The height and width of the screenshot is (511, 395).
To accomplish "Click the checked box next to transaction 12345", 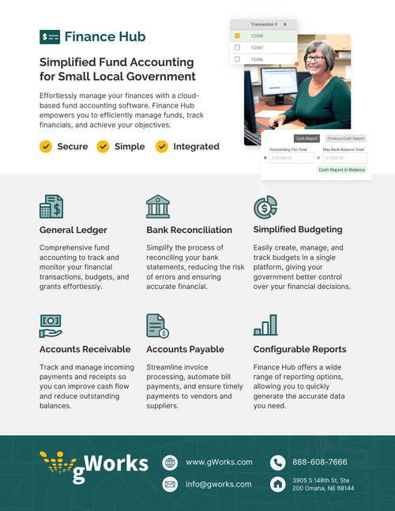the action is [237, 36].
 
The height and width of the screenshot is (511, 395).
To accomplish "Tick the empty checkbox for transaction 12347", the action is [237, 47].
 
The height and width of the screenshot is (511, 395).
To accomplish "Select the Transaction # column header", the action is [263, 24].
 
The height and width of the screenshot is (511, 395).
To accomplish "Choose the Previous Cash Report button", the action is [345, 137].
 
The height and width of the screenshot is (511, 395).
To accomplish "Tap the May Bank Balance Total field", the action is [344, 158].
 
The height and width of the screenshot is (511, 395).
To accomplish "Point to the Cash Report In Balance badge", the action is [341, 170].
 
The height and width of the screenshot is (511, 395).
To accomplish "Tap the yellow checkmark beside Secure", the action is [46, 146].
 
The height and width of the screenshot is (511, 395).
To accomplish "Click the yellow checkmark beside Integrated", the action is [162, 146].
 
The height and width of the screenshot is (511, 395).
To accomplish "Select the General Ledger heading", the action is [73, 230].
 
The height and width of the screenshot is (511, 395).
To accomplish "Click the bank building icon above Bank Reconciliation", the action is [158, 206].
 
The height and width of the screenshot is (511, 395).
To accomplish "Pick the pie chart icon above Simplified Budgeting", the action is [265, 206].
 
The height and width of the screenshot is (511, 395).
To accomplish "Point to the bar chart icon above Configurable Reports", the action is [265, 325].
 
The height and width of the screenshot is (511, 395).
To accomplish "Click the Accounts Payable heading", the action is [185, 348].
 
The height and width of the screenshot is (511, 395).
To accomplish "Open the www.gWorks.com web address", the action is [219, 462].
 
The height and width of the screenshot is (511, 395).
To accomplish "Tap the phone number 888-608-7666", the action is [320, 462].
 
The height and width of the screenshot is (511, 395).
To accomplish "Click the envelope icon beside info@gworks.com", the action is [169, 483].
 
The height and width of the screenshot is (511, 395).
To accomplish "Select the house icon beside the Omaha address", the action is [277, 483].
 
